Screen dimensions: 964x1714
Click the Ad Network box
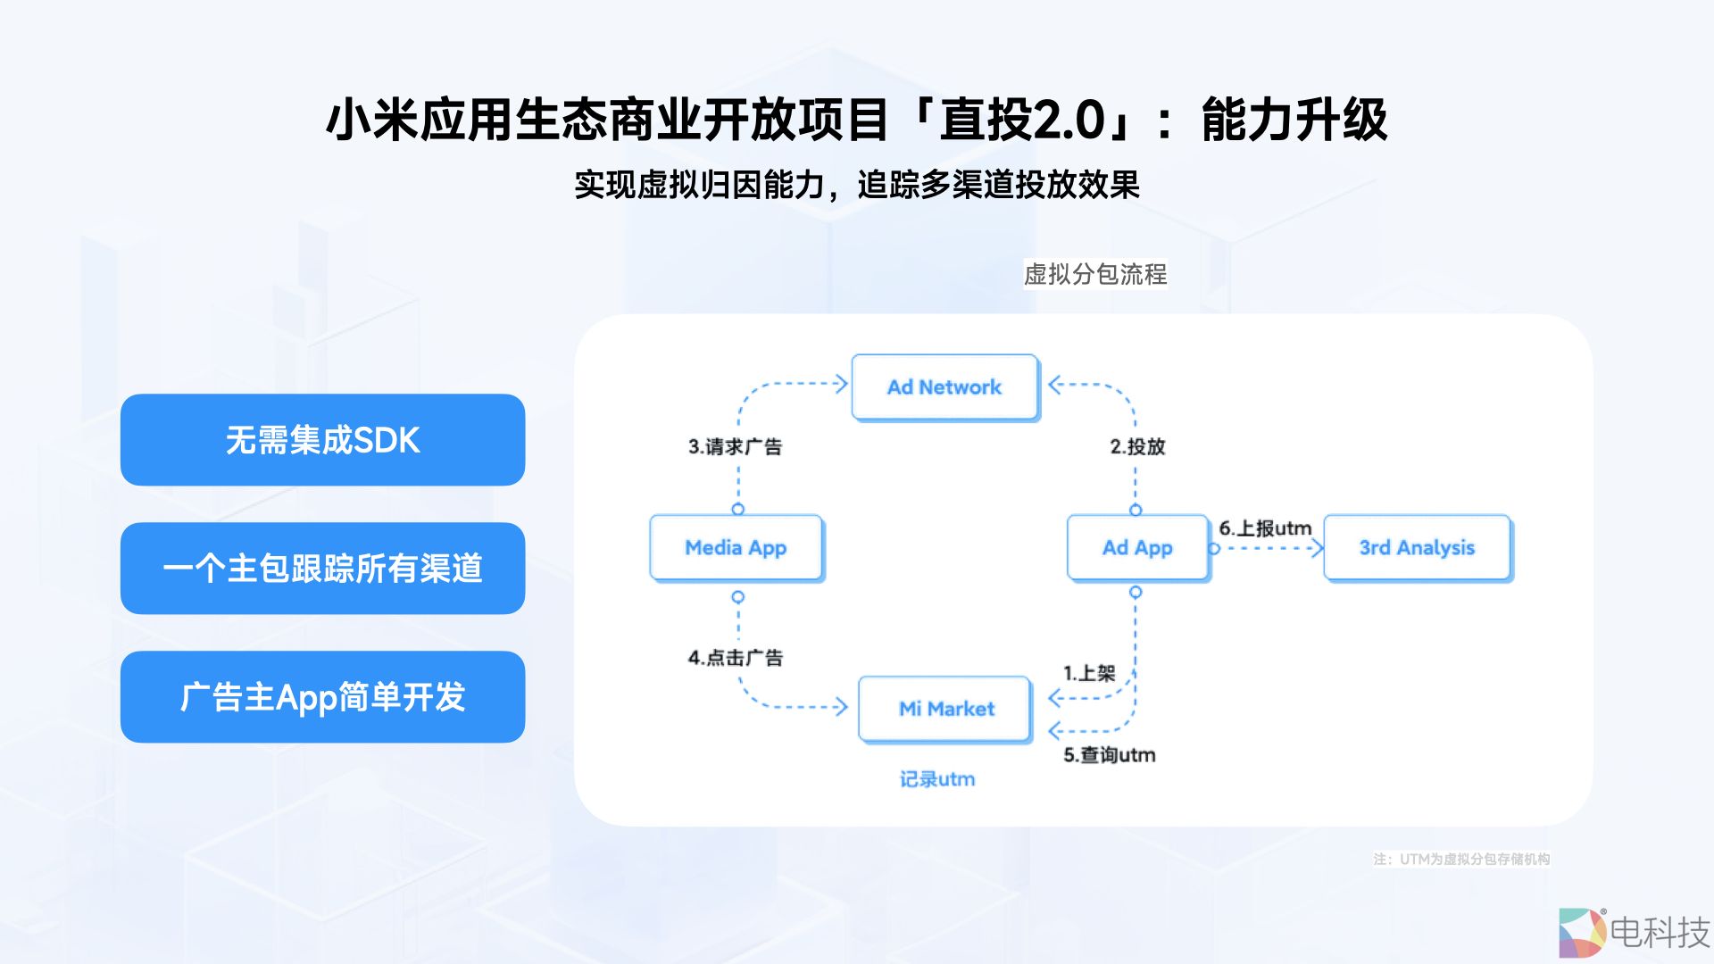coord(944,387)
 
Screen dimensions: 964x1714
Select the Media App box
coord(736,548)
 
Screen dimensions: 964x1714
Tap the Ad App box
coord(1137,548)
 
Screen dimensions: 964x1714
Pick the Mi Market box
coord(945,709)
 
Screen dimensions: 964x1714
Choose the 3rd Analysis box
coord(1417,548)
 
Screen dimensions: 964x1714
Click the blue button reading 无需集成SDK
coord(322,440)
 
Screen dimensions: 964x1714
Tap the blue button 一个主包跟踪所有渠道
coord(322,569)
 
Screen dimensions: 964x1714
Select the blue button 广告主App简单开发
coord(322,697)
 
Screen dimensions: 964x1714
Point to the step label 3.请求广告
coord(735,446)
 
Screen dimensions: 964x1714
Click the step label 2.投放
coord(1137,446)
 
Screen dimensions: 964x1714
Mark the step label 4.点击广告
coord(735,658)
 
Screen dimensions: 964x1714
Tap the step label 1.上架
coord(1089,673)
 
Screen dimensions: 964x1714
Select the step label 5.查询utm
coord(1109,755)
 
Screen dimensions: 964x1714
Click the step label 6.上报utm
coord(1265,528)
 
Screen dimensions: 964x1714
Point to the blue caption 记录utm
coord(936,779)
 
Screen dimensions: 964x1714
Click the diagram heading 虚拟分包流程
coord(1094,274)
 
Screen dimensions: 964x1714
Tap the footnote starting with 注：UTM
coord(1461,859)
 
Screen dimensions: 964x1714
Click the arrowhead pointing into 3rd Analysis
coord(1318,548)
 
